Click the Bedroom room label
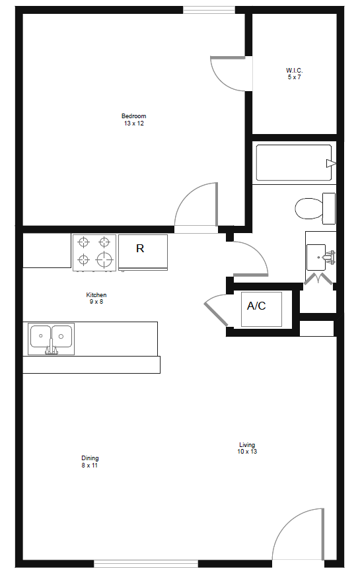(x=133, y=116)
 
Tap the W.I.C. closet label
(x=295, y=70)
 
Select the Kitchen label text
(x=96, y=294)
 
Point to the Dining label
(x=90, y=458)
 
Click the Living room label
(x=247, y=444)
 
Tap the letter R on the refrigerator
(x=140, y=248)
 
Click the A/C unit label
(x=256, y=306)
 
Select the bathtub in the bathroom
(x=294, y=162)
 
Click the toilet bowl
(x=307, y=209)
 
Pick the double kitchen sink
(x=51, y=337)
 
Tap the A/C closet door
(x=215, y=310)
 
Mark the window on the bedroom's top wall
(x=209, y=9)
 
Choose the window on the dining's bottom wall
(x=146, y=563)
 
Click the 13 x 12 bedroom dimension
(x=133, y=123)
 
